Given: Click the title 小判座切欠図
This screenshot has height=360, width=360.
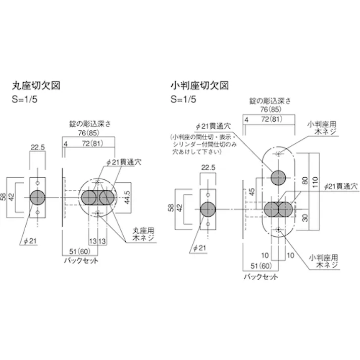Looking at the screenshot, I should [x=200, y=84].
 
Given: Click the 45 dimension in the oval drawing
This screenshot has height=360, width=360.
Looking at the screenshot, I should [x=251, y=193].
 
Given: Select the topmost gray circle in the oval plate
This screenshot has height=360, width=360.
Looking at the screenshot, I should [x=278, y=178].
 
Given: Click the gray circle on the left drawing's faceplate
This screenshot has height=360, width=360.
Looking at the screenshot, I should [x=38, y=197].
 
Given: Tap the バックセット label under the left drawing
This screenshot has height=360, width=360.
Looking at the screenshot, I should [x=80, y=261].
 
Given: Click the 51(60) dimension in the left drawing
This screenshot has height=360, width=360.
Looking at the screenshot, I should [x=75, y=252].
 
